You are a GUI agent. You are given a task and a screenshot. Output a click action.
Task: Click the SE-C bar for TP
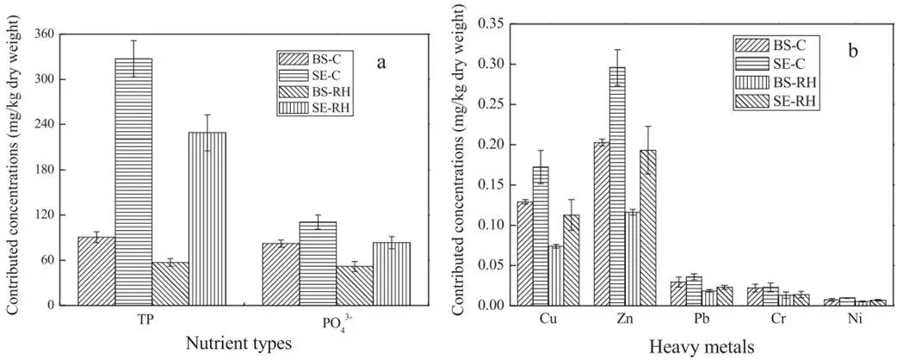(x=133, y=182)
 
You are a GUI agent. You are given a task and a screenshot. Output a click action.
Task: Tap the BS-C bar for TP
(x=96, y=271)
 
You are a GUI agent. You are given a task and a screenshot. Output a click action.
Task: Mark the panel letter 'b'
(x=853, y=50)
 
